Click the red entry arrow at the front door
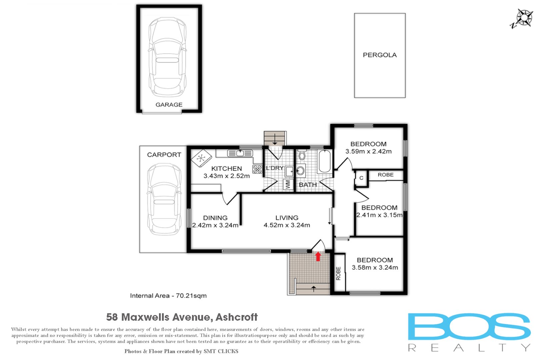pyautogui.click(x=318, y=256)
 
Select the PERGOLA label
pyautogui.click(x=380, y=55)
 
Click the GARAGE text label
pyautogui.click(x=169, y=105)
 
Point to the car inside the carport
pyautogui.click(x=164, y=199)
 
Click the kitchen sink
pyautogui.click(x=240, y=153)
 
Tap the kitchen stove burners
pyautogui.click(x=257, y=169)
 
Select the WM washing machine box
pyautogui.click(x=288, y=184)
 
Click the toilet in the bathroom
pyautogui.click(x=302, y=155)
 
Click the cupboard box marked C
pyautogui.click(x=361, y=178)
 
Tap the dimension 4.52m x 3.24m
pyautogui.click(x=287, y=225)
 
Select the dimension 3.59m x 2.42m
pyautogui.click(x=368, y=151)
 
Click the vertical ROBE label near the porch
pyautogui.click(x=338, y=273)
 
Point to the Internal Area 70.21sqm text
pyautogui.click(x=168, y=296)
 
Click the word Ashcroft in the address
pyautogui.click(x=237, y=317)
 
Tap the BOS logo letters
pyautogui.click(x=469, y=327)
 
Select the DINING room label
pyautogui.click(x=215, y=218)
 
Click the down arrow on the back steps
pyautogui.click(x=275, y=139)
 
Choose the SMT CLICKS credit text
pyautogui.click(x=221, y=351)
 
